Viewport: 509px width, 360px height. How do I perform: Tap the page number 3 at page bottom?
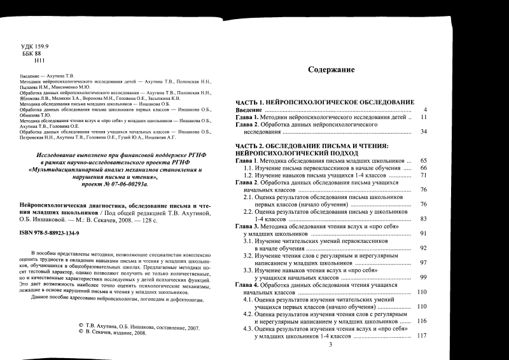click(330, 345)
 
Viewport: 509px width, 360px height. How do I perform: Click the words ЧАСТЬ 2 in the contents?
click(249, 146)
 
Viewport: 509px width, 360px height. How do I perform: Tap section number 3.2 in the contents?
click(249, 256)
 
